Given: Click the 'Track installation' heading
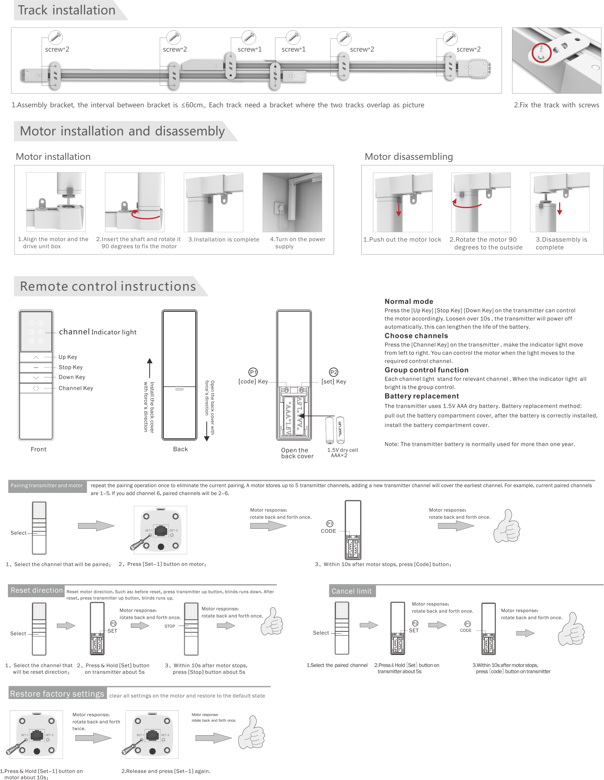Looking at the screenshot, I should (67, 10).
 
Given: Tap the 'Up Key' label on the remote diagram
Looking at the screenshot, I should (68, 357).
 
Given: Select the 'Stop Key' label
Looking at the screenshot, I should (71, 367).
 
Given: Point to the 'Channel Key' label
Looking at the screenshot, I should (76, 388).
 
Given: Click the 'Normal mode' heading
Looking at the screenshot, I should (408, 301).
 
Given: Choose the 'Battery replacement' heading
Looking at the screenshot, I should (421, 396).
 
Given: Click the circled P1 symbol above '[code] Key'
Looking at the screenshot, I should (253, 372).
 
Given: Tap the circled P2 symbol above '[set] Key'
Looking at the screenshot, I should (334, 372).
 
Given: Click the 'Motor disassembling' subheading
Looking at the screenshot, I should (408, 157).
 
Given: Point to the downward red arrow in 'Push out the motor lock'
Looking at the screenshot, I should (399, 210).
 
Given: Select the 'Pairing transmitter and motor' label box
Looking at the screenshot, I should (47, 486).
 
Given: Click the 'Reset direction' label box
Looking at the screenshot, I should (36, 590).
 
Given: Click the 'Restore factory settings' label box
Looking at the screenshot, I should (57, 694).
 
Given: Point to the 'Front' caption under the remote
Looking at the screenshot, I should (39, 449).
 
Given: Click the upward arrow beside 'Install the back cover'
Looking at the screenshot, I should (150, 368).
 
